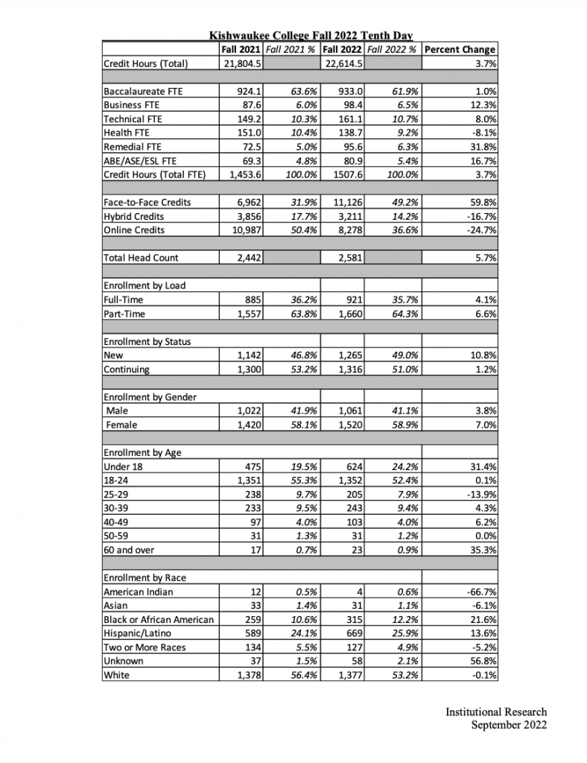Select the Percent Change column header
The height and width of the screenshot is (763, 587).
coord(459,49)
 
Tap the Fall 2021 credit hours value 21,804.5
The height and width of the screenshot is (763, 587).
coord(242,63)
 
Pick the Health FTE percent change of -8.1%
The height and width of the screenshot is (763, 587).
coord(483,133)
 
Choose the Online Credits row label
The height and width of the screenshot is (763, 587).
coord(135,230)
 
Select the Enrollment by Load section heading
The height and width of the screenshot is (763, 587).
coord(145,285)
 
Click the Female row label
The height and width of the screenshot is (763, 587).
coord(124,425)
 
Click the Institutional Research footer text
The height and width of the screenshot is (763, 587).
coord(496,712)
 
